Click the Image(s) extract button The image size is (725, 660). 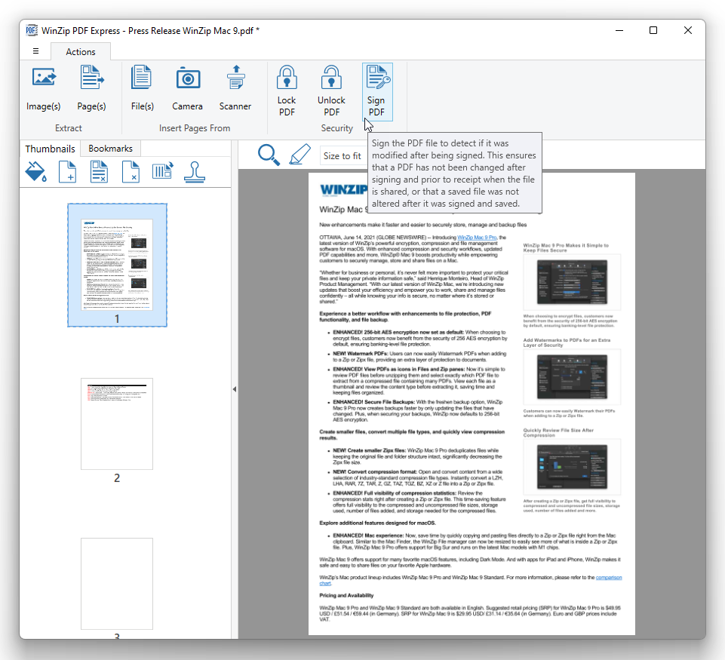tap(43, 89)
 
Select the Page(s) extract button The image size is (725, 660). tap(91, 89)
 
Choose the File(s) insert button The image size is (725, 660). tap(142, 89)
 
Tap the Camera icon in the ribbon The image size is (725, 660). tap(187, 89)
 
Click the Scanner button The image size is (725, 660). tap(235, 89)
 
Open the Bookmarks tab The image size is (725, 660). tap(110, 149)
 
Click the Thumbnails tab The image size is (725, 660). tap(51, 149)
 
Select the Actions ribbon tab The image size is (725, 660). tap(81, 52)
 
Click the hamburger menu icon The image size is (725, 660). tap(35, 51)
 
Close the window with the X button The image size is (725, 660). tap(688, 30)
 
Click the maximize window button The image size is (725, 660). tap(653, 30)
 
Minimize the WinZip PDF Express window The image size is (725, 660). tap(619, 30)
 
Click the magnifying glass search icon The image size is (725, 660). tap(269, 155)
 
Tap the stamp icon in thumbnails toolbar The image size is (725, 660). tap(195, 172)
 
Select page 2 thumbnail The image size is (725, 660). tap(117, 424)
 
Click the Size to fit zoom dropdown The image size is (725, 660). tap(343, 156)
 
